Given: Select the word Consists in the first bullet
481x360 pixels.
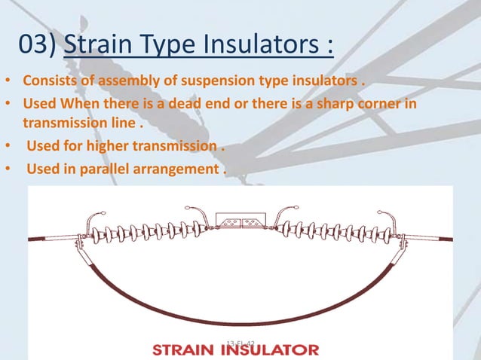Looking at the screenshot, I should pos(50,81).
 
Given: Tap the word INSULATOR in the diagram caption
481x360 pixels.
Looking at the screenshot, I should pos(272,350).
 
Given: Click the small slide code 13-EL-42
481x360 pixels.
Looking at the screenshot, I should pos(241,343).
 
